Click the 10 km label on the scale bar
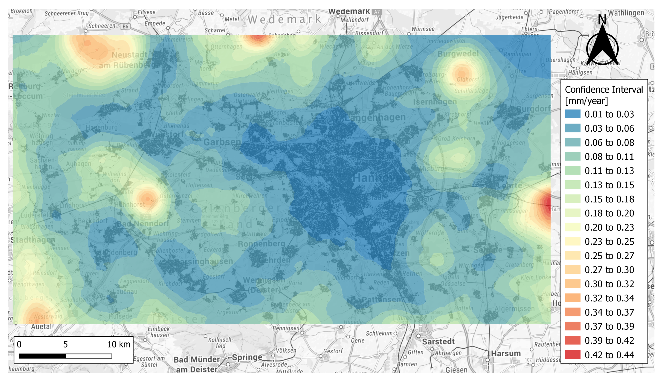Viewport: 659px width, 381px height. pyautogui.click(x=119, y=344)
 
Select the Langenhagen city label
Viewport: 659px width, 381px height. pyautogui.click(x=376, y=118)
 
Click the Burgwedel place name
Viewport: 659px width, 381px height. pyautogui.click(x=458, y=54)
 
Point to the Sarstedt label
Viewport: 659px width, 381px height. pyautogui.click(x=438, y=341)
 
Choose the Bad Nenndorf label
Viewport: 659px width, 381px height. pyautogui.click(x=143, y=224)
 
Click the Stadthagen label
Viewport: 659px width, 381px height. pyautogui.click(x=33, y=240)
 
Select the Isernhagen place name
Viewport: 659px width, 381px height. pyautogui.click(x=435, y=101)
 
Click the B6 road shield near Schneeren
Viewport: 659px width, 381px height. pyautogui.click(x=125, y=26)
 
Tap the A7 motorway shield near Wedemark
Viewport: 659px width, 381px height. pyautogui.click(x=377, y=12)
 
